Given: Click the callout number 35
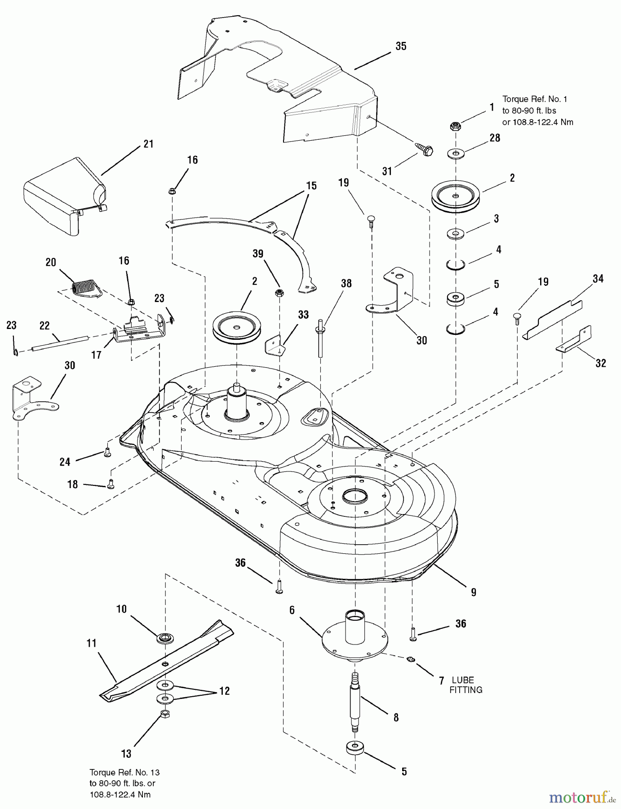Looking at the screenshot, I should (401, 46).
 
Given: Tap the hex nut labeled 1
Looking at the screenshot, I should (455, 127).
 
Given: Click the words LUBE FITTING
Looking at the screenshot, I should (466, 685).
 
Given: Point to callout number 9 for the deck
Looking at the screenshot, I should (474, 592).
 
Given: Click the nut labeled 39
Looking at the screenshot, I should (279, 293).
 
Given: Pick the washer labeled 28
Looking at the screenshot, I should (456, 154).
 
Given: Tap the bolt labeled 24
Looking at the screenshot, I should (107, 453).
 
